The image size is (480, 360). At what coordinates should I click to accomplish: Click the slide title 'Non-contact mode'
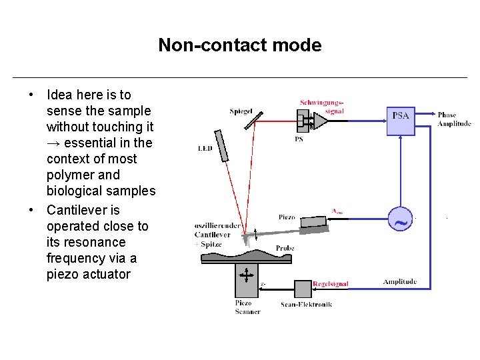pos(239,45)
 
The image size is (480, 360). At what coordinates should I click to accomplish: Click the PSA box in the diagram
pos(401,120)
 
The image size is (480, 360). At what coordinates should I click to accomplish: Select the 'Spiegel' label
pos(241,111)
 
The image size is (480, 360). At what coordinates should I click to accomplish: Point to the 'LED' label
pos(205,148)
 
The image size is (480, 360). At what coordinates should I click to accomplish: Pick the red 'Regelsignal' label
pos(331,284)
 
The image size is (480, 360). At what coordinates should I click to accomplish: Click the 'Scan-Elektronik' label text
pos(306,304)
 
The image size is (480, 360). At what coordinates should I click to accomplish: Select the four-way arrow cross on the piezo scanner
pos(247,275)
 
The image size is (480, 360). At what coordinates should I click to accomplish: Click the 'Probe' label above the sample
pos(285,248)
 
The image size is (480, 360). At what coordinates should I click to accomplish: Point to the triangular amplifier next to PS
pos(321,121)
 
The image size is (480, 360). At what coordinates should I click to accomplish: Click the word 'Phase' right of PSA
pos(447,115)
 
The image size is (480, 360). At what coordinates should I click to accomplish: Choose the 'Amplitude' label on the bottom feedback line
pos(400,281)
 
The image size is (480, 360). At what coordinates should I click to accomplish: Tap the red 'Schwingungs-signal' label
pos(322,107)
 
